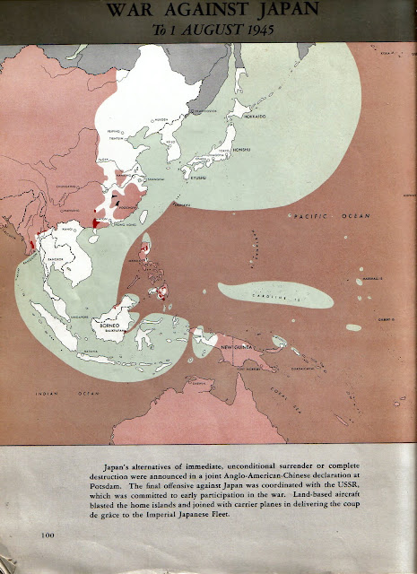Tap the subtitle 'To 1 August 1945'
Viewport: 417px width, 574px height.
tap(208, 30)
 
